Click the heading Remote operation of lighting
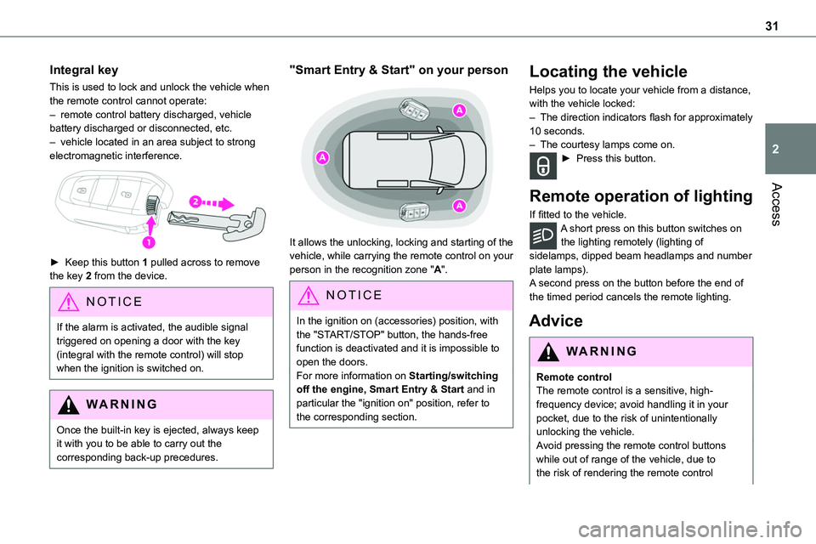point(640,196)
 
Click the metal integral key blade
point(212,219)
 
